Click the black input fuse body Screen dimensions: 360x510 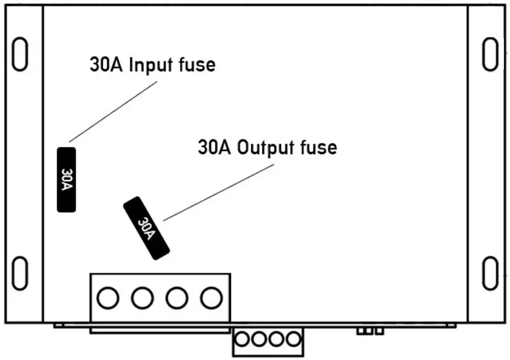(66, 179)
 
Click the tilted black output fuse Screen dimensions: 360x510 (146, 228)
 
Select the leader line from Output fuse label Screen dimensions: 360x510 (218, 192)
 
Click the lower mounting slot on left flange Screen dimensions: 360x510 (20, 272)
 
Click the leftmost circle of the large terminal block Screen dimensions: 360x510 (107, 299)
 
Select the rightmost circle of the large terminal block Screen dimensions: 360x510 (210, 299)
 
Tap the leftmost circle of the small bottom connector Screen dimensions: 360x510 (243, 339)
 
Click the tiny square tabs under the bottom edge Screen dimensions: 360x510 (370, 331)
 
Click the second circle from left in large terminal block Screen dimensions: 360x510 (142, 299)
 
